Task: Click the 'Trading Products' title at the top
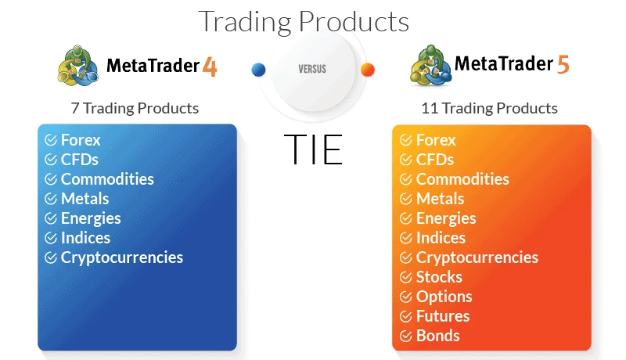304,21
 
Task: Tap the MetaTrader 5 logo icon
430,66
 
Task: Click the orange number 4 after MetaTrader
210,67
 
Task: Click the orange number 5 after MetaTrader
563,65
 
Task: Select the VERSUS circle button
312,69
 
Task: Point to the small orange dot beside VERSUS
367,70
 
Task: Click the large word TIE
312,149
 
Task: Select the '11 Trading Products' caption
489,108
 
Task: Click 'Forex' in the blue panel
81,140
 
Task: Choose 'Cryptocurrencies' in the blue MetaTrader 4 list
121,257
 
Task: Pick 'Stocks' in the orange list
439,277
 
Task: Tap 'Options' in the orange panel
444,297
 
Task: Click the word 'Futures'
443,316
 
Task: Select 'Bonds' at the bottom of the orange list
437,336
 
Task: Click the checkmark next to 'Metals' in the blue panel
51,199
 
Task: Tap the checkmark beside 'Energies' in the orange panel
405,218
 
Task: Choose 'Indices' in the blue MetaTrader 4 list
85,238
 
